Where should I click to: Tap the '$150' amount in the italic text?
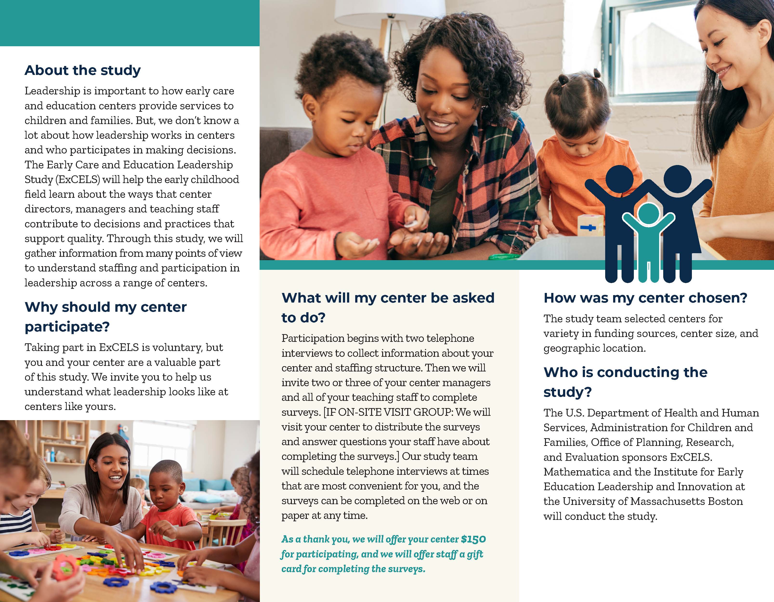(x=473, y=539)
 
